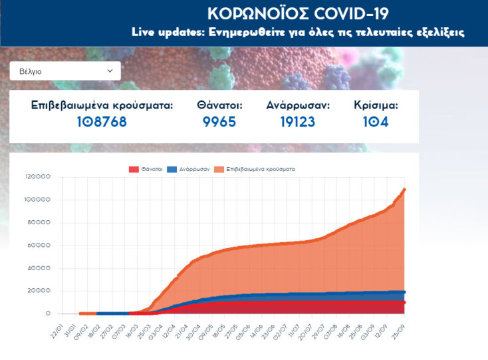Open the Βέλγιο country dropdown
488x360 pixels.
pos(65,71)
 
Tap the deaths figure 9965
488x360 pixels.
pos(219,122)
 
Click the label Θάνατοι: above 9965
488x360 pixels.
pos(219,105)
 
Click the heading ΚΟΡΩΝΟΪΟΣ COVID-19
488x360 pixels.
pos(298,14)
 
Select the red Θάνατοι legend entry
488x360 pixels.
pos(146,169)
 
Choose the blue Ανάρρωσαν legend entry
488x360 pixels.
pos(189,169)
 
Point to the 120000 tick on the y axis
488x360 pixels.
pos(38,177)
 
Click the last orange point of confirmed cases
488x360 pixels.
pos(404,190)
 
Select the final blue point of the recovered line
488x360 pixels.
pos(404,292)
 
